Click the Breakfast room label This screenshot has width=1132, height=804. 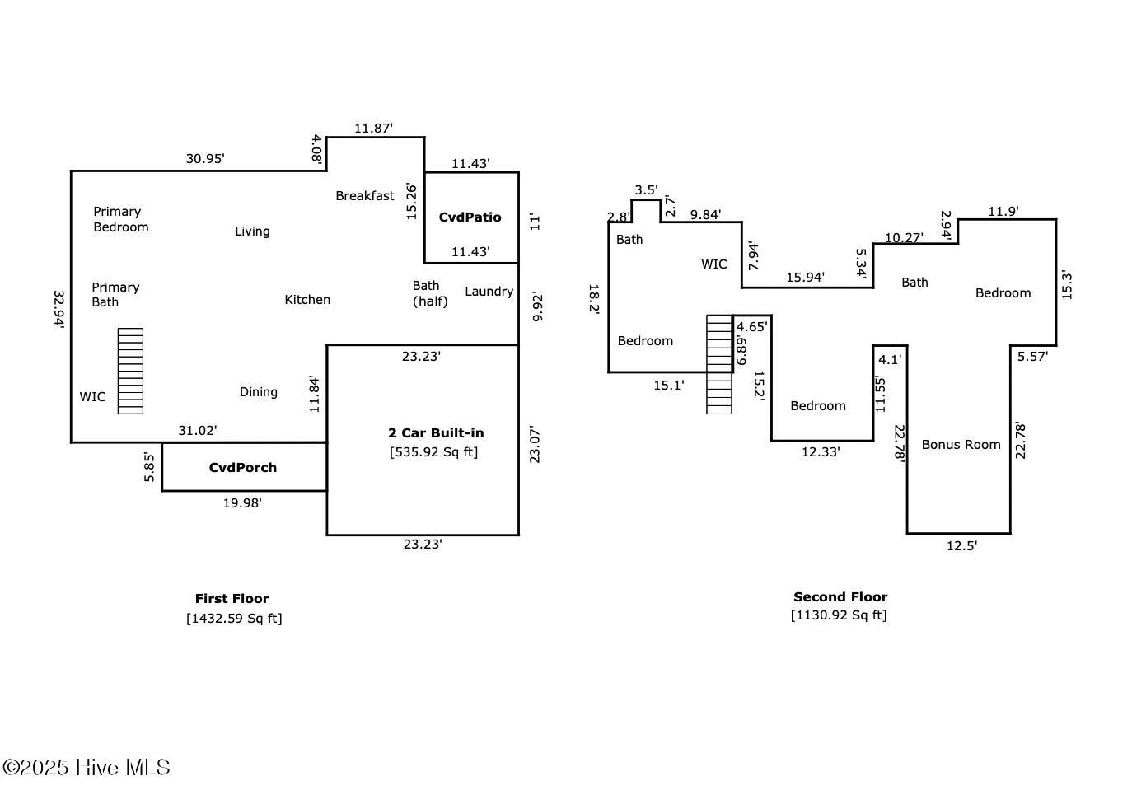[x=364, y=195]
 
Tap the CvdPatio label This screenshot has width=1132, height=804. [x=470, y=217]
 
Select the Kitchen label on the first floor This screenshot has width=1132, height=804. [x=307, y=300]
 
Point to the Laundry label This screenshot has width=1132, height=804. [x=489, y=292]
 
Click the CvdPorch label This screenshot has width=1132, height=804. [x=242, y=467]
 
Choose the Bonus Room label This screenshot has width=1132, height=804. [x=961, y=445]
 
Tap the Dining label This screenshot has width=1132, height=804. [x=258, y=392]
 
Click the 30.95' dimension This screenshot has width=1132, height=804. [x=205, y=159]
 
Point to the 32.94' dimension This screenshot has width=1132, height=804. [x=59, y=309]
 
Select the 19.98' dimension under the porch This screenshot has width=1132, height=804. [x=242, y=502]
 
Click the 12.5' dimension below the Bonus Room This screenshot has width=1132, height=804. [x=961, y=546]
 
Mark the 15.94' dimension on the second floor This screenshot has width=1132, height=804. [x=805, y=277]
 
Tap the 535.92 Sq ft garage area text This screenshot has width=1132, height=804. [x=433, y=451]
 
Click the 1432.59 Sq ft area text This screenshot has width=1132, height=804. [x=234, y=618]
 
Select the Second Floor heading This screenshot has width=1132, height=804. [x=840, y=596]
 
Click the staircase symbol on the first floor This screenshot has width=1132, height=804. [x=130, y=371]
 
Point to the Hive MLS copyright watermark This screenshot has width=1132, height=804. [x=86, y=767]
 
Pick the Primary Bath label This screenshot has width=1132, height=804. [x=115, y=295]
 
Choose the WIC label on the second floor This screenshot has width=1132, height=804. [x=714, y=264]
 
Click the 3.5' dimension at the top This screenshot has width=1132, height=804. [x=647, y=190]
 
